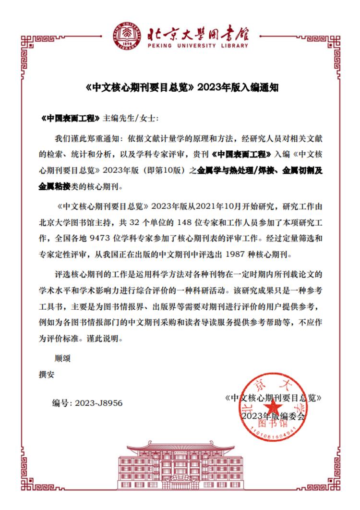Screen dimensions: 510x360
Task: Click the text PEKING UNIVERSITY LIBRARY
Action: point(195,46)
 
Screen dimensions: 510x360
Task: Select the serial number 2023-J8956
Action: point(99,403)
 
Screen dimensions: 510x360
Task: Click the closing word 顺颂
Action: point(63,358)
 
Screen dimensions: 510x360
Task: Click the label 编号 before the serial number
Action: point(62,403)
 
